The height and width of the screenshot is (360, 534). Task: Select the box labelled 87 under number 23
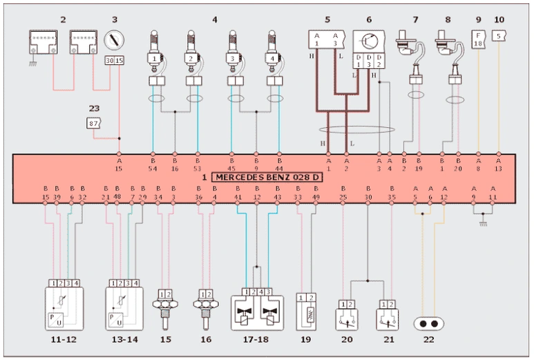click(93, 124)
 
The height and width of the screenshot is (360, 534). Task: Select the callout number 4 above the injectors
click(215, 19)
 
